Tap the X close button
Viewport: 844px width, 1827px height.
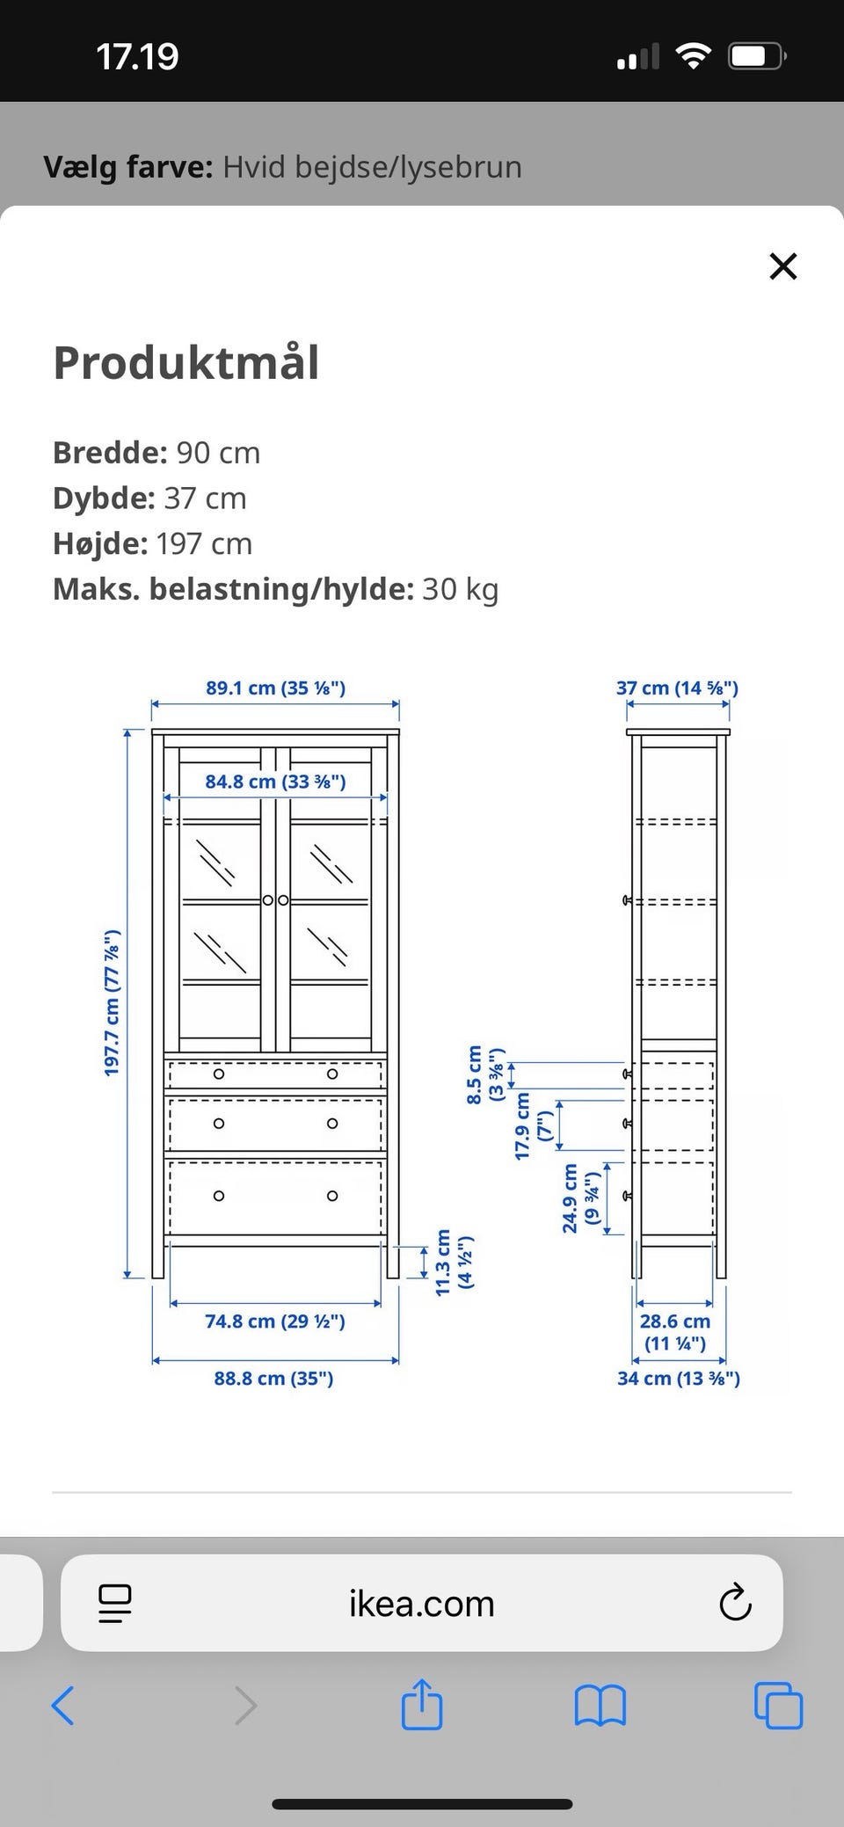pos(782,266)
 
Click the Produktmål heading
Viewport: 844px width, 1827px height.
pos(186,363)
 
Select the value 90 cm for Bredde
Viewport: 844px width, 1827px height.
pos(218,453)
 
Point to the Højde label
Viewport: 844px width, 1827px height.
pos(99,543)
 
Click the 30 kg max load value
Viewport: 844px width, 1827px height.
pos(460,589)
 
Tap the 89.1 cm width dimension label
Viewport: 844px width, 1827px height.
pos(275,688)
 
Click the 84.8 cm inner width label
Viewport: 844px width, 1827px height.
pos(275,782)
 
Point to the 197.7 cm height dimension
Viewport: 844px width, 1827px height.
pos(112,1002)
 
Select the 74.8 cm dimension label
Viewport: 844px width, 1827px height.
pos(275,1321)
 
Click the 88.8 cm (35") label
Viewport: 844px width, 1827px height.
pos(273,1379)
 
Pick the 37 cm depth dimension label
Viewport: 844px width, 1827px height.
pos(677,688)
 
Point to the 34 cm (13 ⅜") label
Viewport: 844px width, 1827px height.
pos(678,1379)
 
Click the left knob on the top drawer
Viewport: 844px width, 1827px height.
pos(219,1074)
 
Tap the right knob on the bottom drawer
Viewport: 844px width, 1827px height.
pos(332,1196)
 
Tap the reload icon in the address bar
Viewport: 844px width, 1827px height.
pos(735,1603)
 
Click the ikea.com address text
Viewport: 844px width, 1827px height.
pos(421,1604)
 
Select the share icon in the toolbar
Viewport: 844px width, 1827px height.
pos(421,1707)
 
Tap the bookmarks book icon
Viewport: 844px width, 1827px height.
pos(600,1707)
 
